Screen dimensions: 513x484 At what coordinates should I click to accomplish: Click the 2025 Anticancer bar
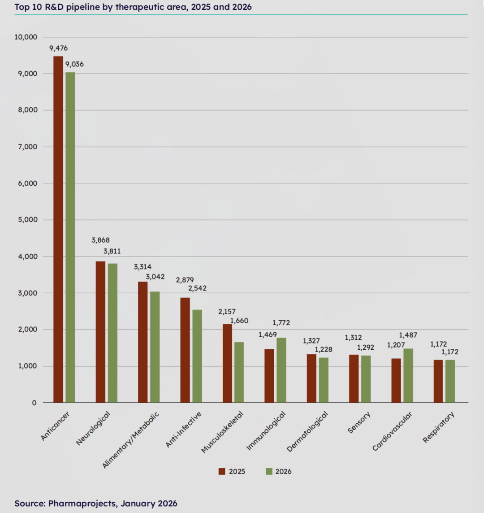[58, 229]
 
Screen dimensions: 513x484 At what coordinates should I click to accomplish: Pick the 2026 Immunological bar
[281, 370]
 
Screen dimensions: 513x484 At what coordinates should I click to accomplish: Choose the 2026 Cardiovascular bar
[408, 375]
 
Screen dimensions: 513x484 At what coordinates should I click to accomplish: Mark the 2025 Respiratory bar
[438, 381]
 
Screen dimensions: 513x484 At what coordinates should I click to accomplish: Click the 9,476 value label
[59, 48]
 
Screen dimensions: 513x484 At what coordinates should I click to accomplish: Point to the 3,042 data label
[155, 277]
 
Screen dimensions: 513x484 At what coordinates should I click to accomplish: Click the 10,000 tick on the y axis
[26, 37]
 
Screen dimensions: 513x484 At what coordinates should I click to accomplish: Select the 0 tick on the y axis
[34, 403]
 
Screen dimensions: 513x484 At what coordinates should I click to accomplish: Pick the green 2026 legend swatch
[269, 471]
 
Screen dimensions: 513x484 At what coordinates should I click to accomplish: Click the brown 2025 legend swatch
[222, 471]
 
